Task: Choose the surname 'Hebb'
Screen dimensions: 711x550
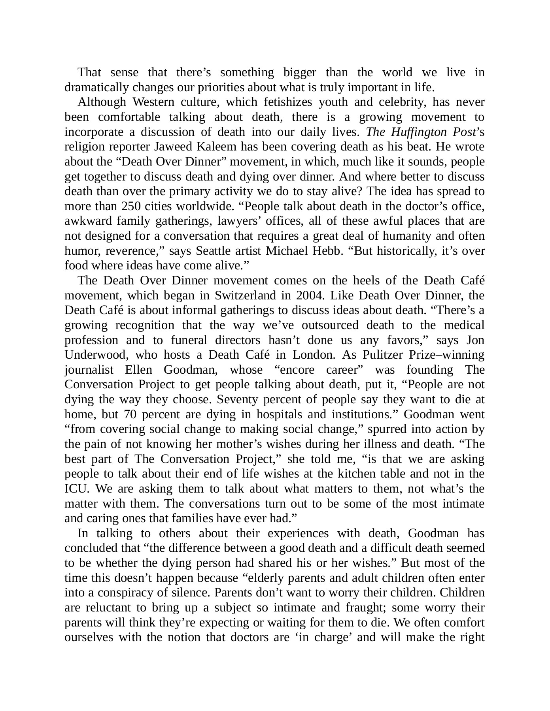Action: point(328,251)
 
